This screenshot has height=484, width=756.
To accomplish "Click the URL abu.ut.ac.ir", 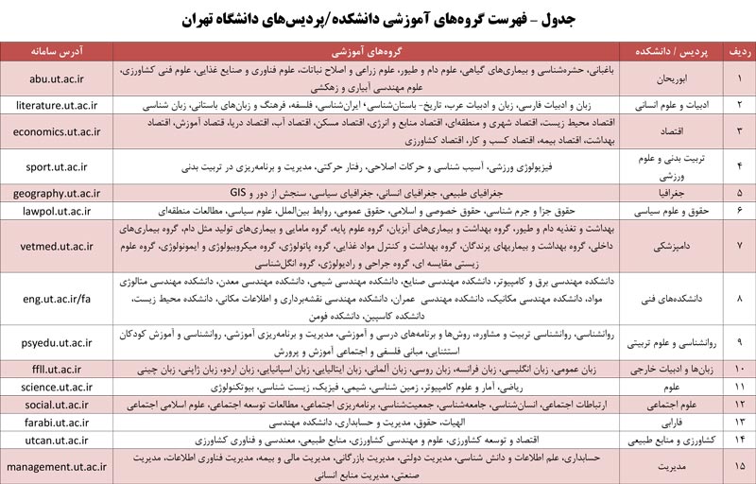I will (58, 78).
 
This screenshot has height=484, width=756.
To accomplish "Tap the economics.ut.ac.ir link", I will (58, 130).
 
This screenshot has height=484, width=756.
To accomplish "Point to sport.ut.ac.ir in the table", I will (58, 166).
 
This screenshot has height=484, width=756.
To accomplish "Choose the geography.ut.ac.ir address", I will (58, 194).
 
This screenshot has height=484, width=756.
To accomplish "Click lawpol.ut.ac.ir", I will (58, 212).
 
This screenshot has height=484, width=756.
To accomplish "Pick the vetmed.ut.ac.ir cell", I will (58, 247).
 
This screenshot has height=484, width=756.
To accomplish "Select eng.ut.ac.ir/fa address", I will (58, 299).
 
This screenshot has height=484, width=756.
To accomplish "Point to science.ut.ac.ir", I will (58, 387).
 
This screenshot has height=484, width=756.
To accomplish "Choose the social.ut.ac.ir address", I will (58, 405).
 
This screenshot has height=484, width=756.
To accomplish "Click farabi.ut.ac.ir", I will (58, 422).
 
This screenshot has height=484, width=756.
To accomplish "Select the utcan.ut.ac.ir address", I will (58, 441).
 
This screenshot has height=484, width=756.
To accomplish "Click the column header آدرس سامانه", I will (58, 52).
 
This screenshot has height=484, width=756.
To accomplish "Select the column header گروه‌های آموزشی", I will (370, 52).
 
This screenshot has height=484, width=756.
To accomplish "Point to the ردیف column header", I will (738, 52).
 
